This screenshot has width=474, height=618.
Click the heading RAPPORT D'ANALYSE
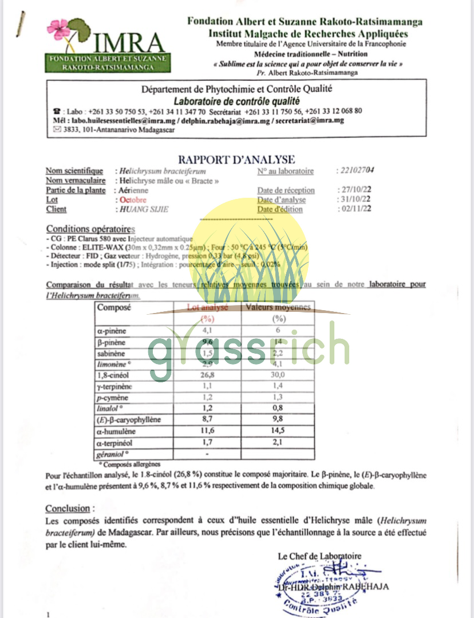tap(237, 159)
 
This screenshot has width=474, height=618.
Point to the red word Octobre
tap(133, 200)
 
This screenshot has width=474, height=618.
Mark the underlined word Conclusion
tap(68, 509)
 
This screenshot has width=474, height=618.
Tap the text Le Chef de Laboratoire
tap(319, 556)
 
